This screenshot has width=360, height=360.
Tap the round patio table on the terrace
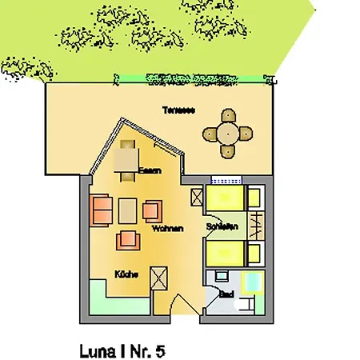(228, 133)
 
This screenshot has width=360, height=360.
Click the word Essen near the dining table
(149, 170)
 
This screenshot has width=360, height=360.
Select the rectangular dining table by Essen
(127, 160)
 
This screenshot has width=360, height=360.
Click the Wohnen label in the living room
(170, 229)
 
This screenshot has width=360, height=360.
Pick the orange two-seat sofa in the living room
(102, 210)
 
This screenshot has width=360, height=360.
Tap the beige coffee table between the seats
(129, 210)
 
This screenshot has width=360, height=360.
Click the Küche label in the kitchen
(126, 274)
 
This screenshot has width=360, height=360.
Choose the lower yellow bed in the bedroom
(227, 254)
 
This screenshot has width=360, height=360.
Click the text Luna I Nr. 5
(122, 350)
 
